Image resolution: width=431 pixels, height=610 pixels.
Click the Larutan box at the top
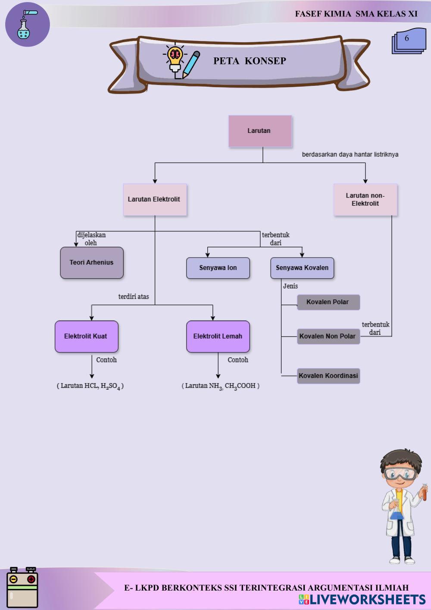tap(260, 131)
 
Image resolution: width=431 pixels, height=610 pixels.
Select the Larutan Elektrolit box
tap(155, 200)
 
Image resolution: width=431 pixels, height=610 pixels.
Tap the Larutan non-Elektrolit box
tap(365, 200)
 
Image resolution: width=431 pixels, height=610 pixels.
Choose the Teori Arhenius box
tap(92, 263)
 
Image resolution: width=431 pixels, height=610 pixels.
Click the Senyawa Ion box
tap(218, 268)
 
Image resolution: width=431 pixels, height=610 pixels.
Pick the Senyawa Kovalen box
tap(302, 268)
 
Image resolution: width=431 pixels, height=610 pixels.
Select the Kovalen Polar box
tap(328, 302)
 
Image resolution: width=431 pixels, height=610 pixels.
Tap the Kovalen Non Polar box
tap(328, 336)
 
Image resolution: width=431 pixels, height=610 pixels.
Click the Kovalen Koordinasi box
tap(328, 376)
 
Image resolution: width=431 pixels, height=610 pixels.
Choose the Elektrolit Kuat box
tap(87, 336)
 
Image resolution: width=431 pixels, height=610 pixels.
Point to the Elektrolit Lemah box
tap(218, 336)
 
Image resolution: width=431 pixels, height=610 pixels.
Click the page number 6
tap(406, 38)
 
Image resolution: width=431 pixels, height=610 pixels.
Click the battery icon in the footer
tap(22, 588)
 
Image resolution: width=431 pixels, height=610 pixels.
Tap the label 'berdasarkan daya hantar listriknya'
tap(350, 154)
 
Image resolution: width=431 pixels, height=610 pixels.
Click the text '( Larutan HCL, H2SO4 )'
tap(90, 386)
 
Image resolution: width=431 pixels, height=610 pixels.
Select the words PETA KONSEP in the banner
tap(250, 61)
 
